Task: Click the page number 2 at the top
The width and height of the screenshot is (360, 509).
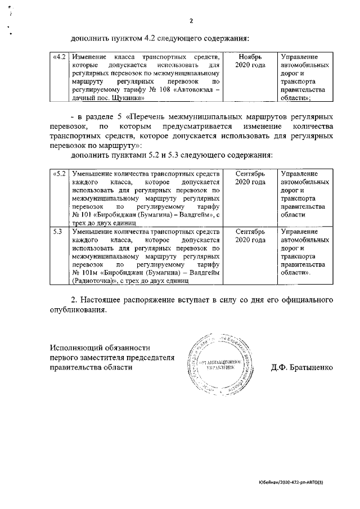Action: [x=191, y=21]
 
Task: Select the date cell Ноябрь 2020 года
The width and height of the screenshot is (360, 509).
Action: [x=250, y=61]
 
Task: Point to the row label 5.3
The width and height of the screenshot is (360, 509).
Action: [x=57, y=232]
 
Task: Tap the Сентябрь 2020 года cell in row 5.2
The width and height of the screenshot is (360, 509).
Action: [x=250, y=178]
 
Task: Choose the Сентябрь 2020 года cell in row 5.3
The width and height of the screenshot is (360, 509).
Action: [x=250, y=236]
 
